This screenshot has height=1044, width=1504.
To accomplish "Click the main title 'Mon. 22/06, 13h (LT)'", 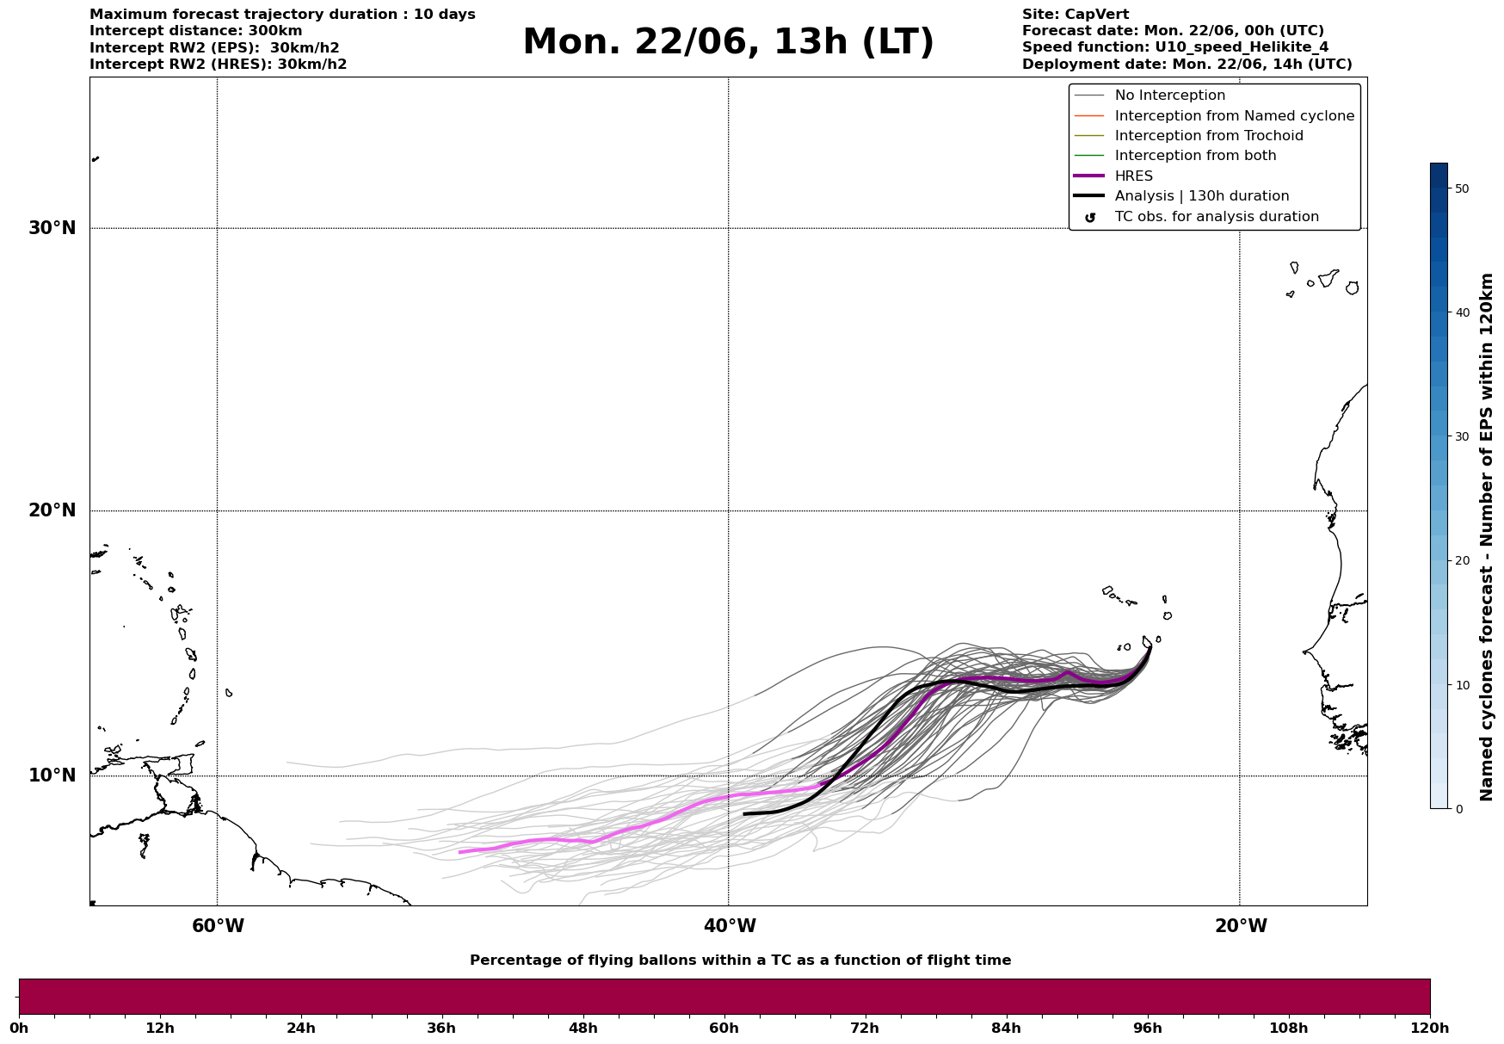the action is pos(728,42).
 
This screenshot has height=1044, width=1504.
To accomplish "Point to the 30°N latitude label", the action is pos(52,228).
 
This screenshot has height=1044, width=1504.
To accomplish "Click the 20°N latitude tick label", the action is pos(52,510).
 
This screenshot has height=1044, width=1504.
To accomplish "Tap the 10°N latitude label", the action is pos(52,775).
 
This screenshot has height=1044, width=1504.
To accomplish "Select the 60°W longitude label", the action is pos(218,926).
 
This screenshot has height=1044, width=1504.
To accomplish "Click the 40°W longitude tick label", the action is pos(730,926).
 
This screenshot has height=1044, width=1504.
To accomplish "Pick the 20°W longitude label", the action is pos(1241,926).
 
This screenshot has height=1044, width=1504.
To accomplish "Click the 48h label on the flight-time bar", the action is pos(582,1028).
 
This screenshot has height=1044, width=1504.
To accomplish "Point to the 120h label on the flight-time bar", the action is pos(1430,1028).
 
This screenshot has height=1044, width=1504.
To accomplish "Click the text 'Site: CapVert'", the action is pos(1076,15).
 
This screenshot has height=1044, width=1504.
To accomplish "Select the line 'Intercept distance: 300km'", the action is pos(196,31).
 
